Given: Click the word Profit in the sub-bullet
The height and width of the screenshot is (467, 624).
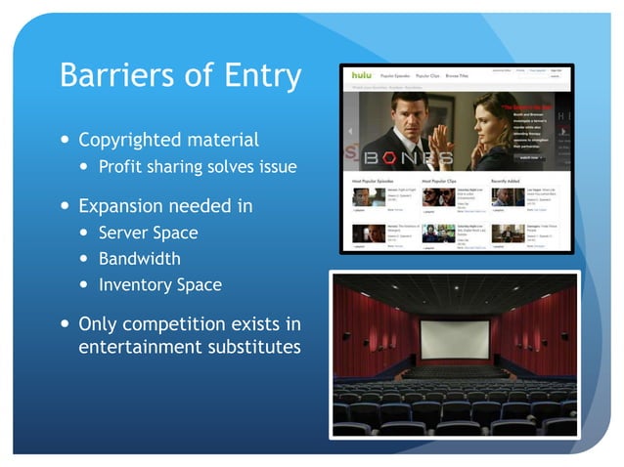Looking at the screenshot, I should pyautogui.click(x=123, y=166).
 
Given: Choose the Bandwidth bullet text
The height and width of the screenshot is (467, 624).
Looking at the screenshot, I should pyautogui.click(x=140, y=259).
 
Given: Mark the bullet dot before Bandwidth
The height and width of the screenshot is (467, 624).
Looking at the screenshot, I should pyautogui.click(x=84, y=260).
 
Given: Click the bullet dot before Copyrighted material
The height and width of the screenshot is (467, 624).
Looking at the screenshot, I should pyautogui.click(x=65, y=141).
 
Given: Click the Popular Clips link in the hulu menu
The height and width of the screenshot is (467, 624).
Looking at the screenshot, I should pyautogui.click(x=428, y=75).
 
